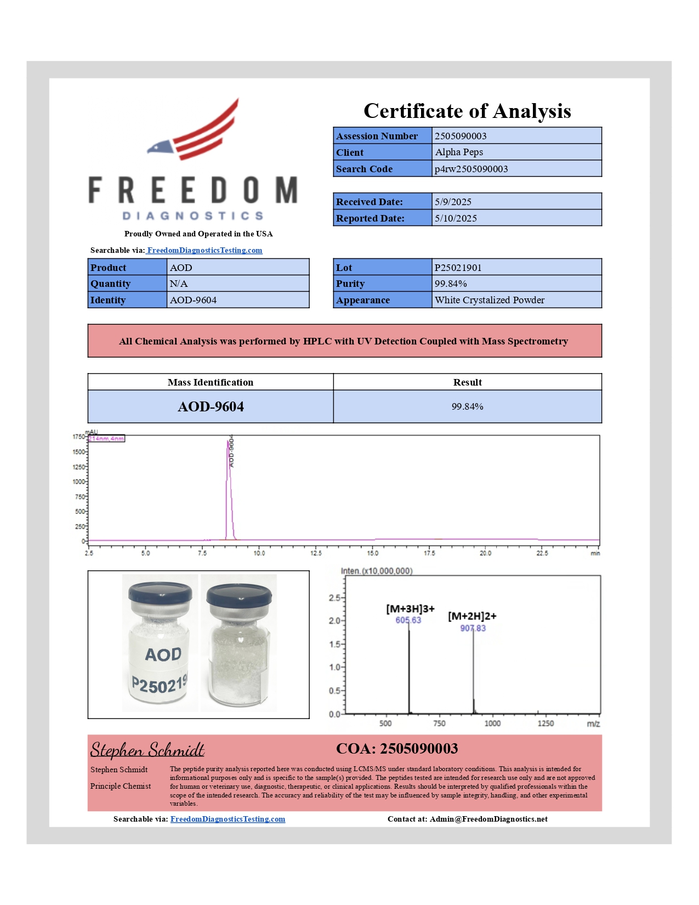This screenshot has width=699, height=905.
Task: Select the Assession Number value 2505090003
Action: tap(461, 136)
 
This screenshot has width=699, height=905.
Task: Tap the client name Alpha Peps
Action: tap(459, 152)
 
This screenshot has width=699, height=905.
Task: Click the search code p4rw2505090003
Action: tap(471, 169)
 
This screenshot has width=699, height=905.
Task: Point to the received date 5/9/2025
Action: tap(453, 202)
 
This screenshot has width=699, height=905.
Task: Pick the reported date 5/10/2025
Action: tap(456, 218)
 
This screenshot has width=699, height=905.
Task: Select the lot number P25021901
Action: tap(458, 268)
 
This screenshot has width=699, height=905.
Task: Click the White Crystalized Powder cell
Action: tap(490, 300)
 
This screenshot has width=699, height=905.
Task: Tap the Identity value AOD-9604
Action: tap(193, 300)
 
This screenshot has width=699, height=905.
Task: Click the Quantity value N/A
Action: tap(179, 284)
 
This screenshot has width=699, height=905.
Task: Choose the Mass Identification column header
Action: tap(211, 382)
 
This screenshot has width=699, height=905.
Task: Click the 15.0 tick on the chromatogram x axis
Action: tap(373, 553)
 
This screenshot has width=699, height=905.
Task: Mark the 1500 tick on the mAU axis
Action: tap(79, 452)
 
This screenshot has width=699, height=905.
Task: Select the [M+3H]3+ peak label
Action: tap(410, 609)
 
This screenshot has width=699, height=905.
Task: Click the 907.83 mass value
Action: tap(473, 629)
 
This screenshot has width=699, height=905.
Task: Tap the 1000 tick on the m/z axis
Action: tap(492, 723)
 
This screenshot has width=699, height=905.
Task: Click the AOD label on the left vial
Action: tap(163, 654)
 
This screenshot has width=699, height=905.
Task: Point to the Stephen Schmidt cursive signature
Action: tap(147, 750)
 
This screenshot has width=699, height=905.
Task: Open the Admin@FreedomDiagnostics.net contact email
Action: tap(488, 819)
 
